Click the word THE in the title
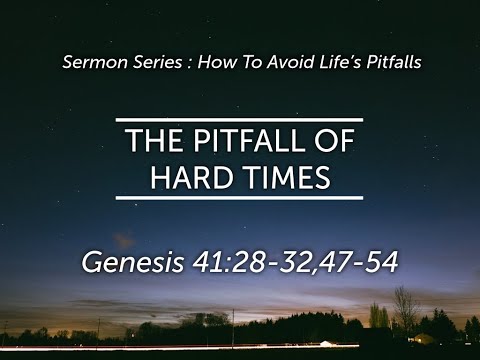tap(154, 142)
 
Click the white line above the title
tap(239, 120)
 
